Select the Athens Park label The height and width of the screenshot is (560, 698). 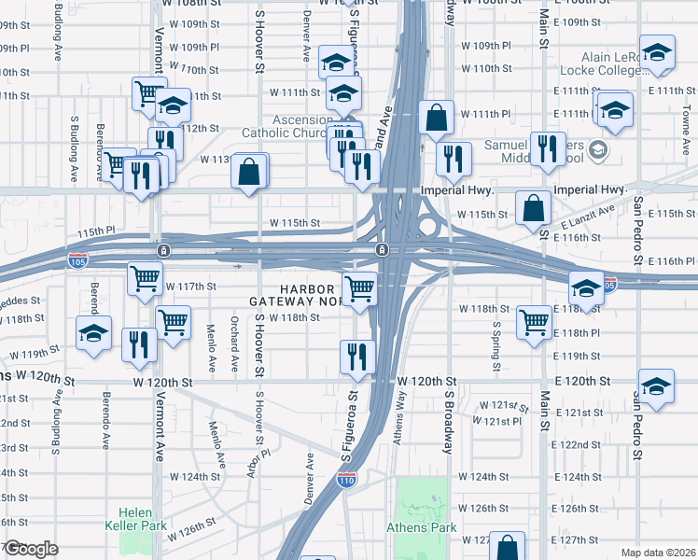pyautogui.click(x=422, y=527)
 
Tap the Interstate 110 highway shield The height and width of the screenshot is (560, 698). pyautogui.click(x=346, y=480)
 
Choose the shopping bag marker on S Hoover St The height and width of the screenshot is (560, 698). pyautogui.click(x=249, y=172)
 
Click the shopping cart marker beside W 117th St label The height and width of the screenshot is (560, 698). pyautogui.click(x=145, y=278)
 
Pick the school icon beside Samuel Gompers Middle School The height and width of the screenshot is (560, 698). pyautogui.click(x=598, y=148)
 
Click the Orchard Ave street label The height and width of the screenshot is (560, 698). pyautogui.click(x=233, y=349)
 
